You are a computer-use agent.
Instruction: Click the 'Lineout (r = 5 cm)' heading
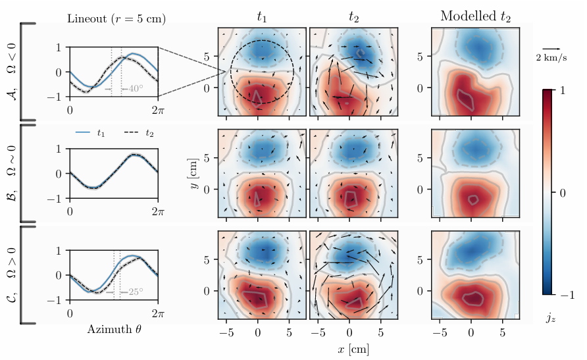tap(116, 18)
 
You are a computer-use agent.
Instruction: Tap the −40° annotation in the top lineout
tap(134, 88)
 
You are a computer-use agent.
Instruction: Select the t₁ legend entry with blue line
tap(92, 133)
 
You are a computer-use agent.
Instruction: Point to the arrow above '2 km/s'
tap(551, 49)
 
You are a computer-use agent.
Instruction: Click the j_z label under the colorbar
tap(551, 317)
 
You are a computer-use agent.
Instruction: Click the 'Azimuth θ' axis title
tap(114, 329)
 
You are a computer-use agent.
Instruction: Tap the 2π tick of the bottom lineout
tap(158, 313)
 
